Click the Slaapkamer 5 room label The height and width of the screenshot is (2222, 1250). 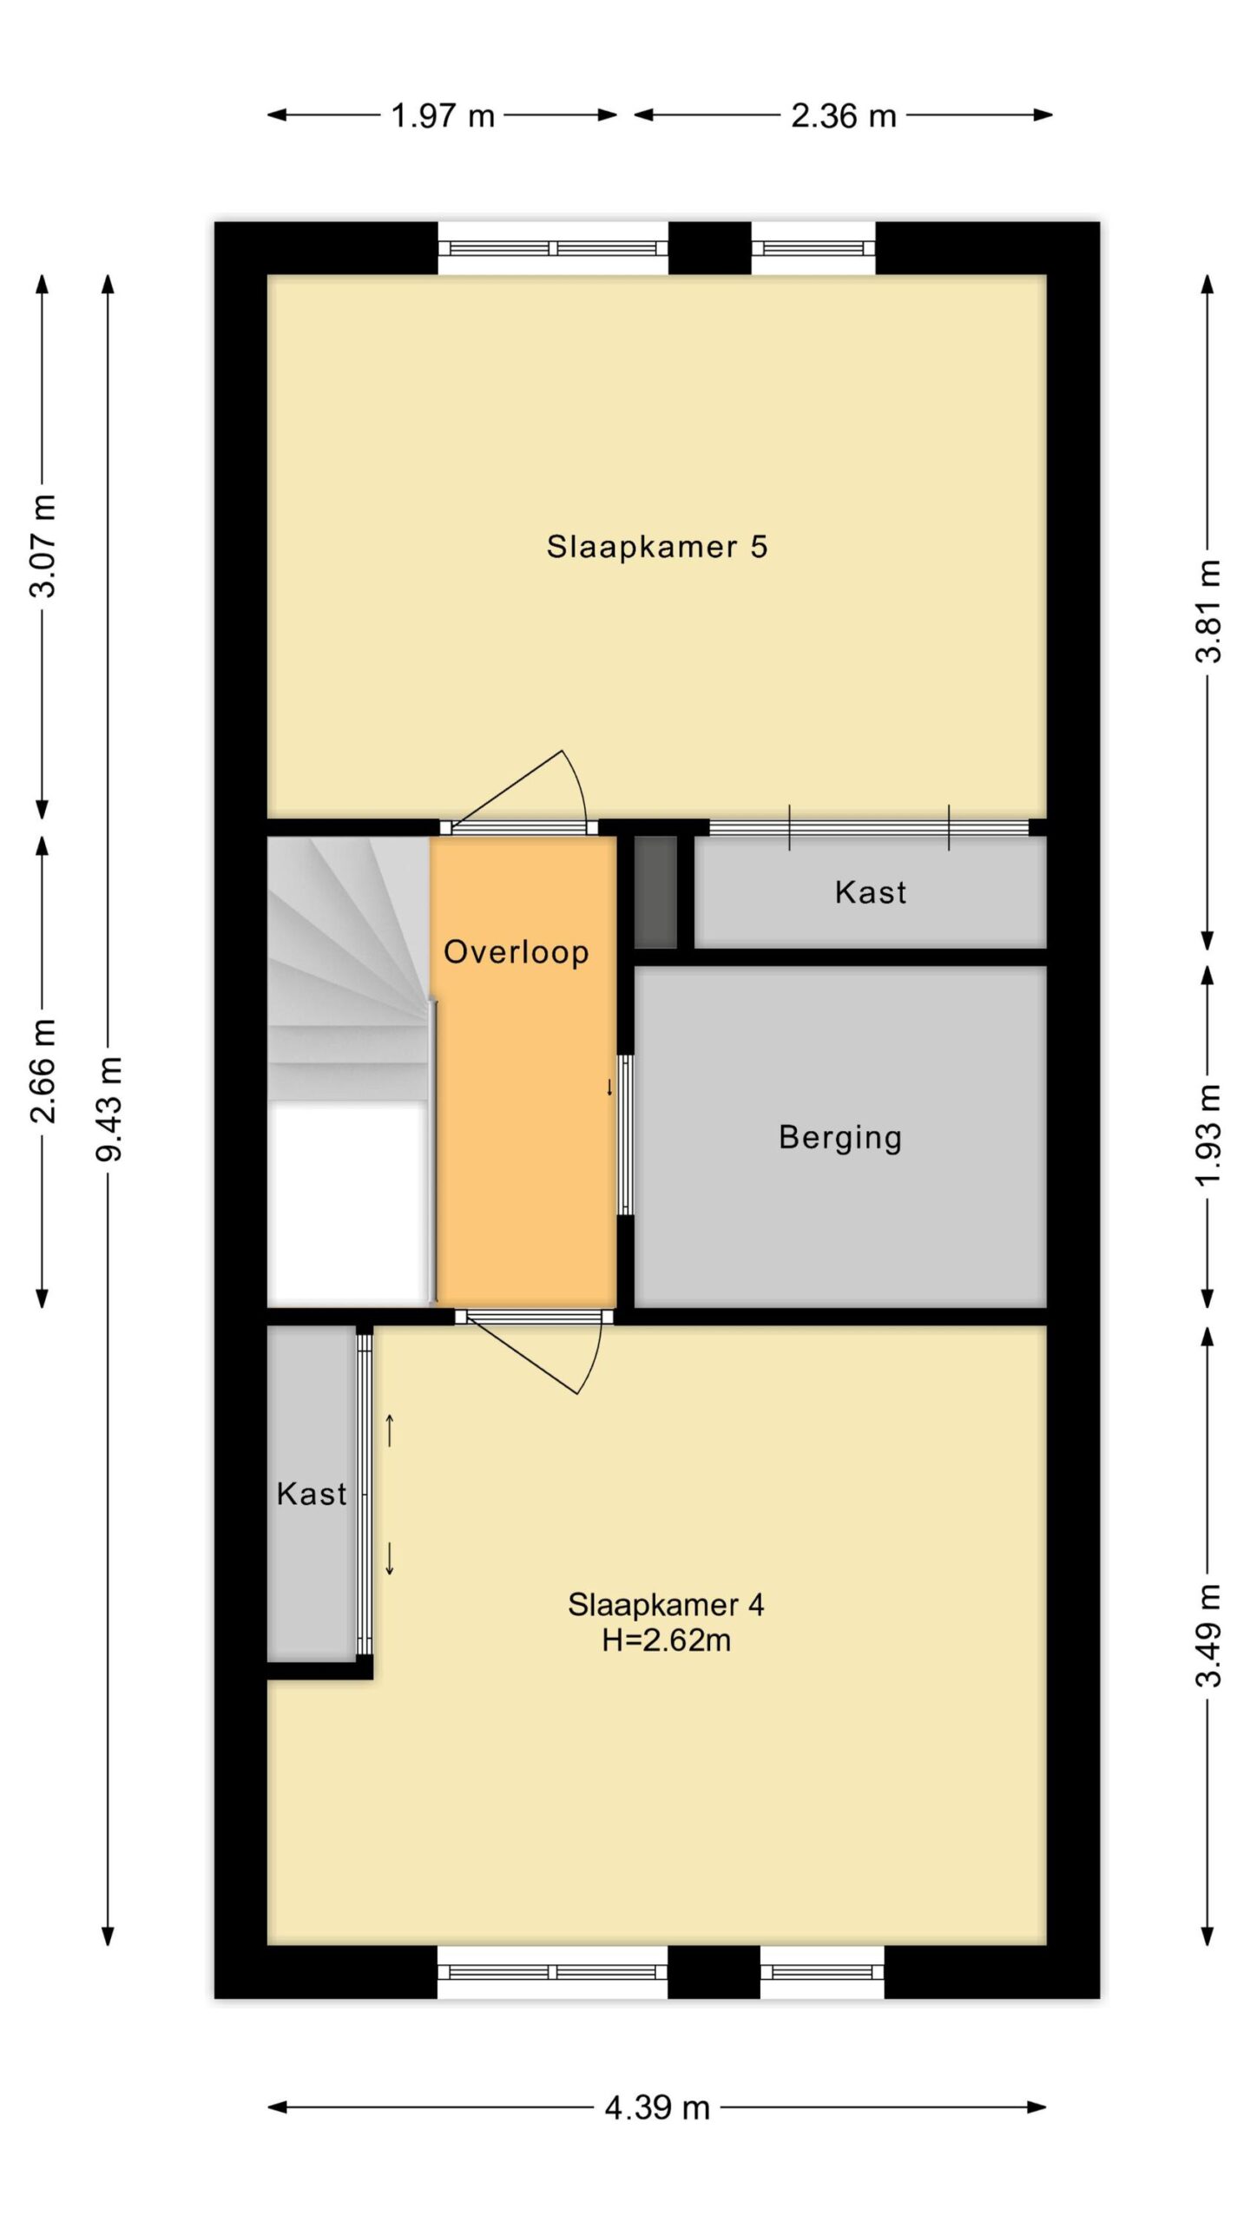656,547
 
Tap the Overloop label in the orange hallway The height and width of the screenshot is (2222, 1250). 516,951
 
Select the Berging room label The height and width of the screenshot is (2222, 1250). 840,1137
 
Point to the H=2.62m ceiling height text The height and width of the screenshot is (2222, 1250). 666,1640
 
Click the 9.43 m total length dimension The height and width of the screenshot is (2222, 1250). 110,1108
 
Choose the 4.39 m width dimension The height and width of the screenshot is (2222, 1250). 657,2107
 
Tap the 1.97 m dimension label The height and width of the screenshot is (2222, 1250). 443,115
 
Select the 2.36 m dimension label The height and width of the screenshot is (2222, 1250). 843,115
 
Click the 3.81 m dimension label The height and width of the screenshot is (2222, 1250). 1208,611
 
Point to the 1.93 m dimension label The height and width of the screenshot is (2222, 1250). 1208,1135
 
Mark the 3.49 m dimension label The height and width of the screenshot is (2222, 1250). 1208,1635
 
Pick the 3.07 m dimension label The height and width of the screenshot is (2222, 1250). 43,546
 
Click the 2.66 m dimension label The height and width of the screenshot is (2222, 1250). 43,1071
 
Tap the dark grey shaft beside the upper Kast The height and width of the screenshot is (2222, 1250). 655,891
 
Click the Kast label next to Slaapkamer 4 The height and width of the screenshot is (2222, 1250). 312,1493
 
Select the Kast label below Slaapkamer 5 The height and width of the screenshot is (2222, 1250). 871,891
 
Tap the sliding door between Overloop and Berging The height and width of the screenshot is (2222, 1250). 625,1134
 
